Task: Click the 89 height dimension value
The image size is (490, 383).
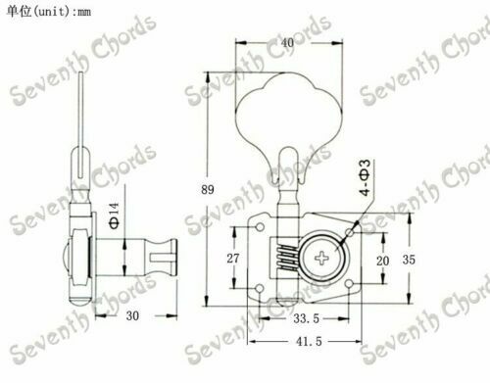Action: point(208,189)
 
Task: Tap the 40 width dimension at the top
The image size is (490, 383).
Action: point(287,42)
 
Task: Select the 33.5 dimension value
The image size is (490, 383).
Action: point(306,318)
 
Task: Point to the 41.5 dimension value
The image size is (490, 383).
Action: point(309,342)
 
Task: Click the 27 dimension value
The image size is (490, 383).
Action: point(233,259)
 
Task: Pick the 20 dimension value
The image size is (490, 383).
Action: point(382,261)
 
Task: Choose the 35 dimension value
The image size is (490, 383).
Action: point(409,260)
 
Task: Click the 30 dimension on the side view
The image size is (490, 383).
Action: point(132,315)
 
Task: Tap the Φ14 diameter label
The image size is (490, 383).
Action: point(114,215)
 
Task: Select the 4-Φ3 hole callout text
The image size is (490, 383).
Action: point(366,177)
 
